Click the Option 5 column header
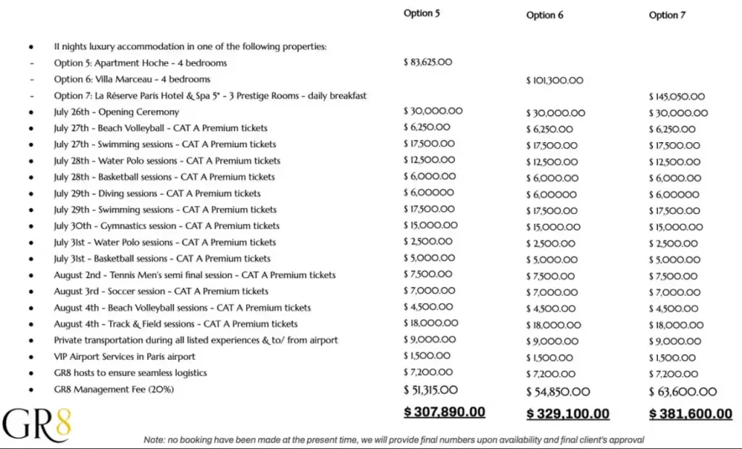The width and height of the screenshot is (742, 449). coord(422,13)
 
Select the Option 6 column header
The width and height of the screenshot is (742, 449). coord(545,15)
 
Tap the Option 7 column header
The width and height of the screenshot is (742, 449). coord(667,15)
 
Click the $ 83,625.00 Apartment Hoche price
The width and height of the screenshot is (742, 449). coord(428,62)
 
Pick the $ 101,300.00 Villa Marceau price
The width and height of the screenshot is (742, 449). coord(554,81)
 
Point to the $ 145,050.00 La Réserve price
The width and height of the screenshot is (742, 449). coord(677,96)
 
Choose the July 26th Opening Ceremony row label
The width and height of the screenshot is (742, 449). coord(116,112)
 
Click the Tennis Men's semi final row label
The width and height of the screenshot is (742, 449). coord(194,276)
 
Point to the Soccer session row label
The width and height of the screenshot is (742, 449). coord(161,292)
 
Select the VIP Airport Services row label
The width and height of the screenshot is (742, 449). coord(125,357)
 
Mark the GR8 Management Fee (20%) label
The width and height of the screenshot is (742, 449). coord(114,390)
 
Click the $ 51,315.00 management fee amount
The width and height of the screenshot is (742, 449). coord(430,390)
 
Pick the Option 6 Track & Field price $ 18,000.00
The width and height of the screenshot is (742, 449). coord(554,326)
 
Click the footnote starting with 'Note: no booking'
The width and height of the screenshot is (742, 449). coord(393,440)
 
